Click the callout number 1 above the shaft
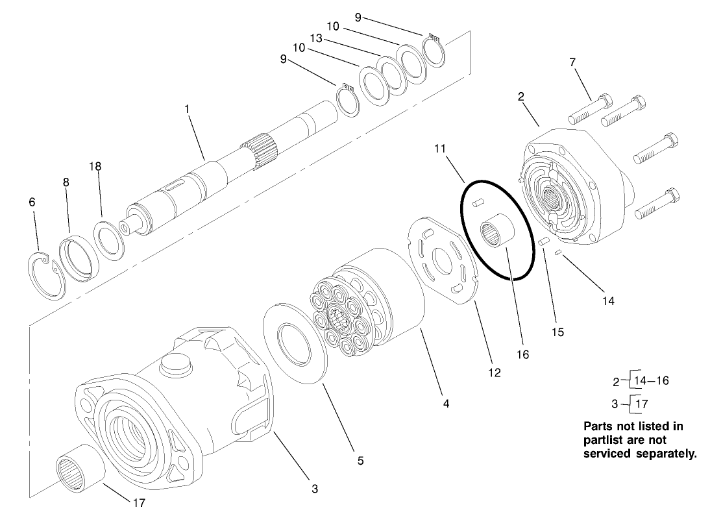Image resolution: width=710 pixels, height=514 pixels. [187, 110]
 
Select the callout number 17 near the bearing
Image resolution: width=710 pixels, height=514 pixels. [139, 502]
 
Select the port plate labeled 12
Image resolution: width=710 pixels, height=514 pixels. [445, 260]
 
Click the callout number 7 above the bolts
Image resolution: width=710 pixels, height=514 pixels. [572, 62]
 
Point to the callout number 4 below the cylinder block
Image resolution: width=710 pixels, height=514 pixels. [446, 403]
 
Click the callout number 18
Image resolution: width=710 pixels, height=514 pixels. [95, 167]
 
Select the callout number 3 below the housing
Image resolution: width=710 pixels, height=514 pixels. [314, 489]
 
